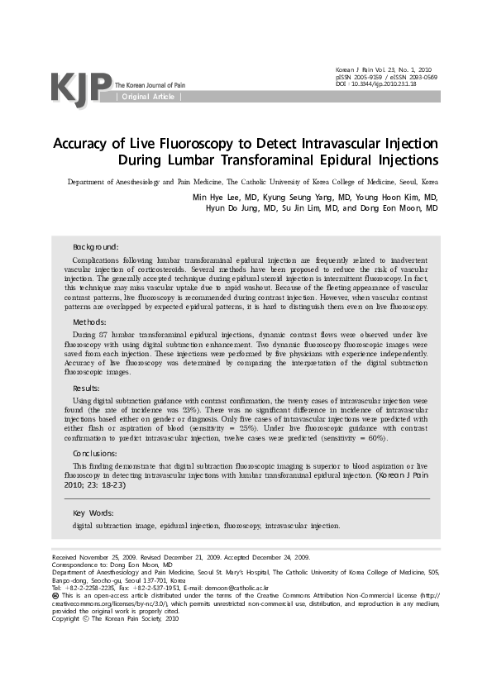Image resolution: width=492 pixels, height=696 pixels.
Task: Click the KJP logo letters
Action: point(80,86)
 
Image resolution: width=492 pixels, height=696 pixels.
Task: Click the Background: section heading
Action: point(96,247)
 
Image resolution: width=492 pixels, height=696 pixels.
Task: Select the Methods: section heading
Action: point(89,322)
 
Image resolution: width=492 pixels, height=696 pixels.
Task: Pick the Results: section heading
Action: point(87,388)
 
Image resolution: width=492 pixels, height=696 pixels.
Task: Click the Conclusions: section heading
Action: point(95,454)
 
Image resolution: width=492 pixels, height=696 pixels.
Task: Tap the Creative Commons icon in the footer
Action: point(55,595)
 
